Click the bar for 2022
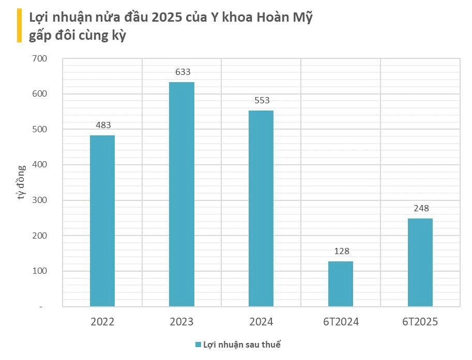(x=102, y=221)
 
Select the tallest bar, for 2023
(x=182, y=194)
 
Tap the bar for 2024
(x=261, y=208)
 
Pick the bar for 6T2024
(x=341, y=284)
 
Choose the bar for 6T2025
(x=420, y=262)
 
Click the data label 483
(x=103, y=125)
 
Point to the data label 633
(x=183, y=72)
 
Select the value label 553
(x=262, y=100)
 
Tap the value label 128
(x=342, y=251)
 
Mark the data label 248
(x=421, y=209)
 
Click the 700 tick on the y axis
(x=40, y=59)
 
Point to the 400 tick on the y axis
(x=40, y=165)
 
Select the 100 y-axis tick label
(x=40, y=271)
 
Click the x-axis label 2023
(x=181, y=322)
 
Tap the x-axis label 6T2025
(x=420, y=322)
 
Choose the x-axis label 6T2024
(x=341, y=322)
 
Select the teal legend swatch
(x=197, y=345)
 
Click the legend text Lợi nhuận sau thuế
(x=241, y=345)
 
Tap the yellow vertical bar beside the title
(x=19, y=25)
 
